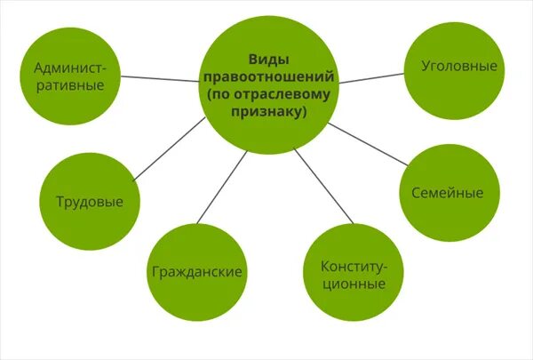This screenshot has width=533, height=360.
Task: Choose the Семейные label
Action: (447, 193)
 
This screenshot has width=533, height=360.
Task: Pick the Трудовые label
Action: (89, 202)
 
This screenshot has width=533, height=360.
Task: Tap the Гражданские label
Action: (197, 271)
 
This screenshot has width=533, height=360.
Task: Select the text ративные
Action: (71, 85)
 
